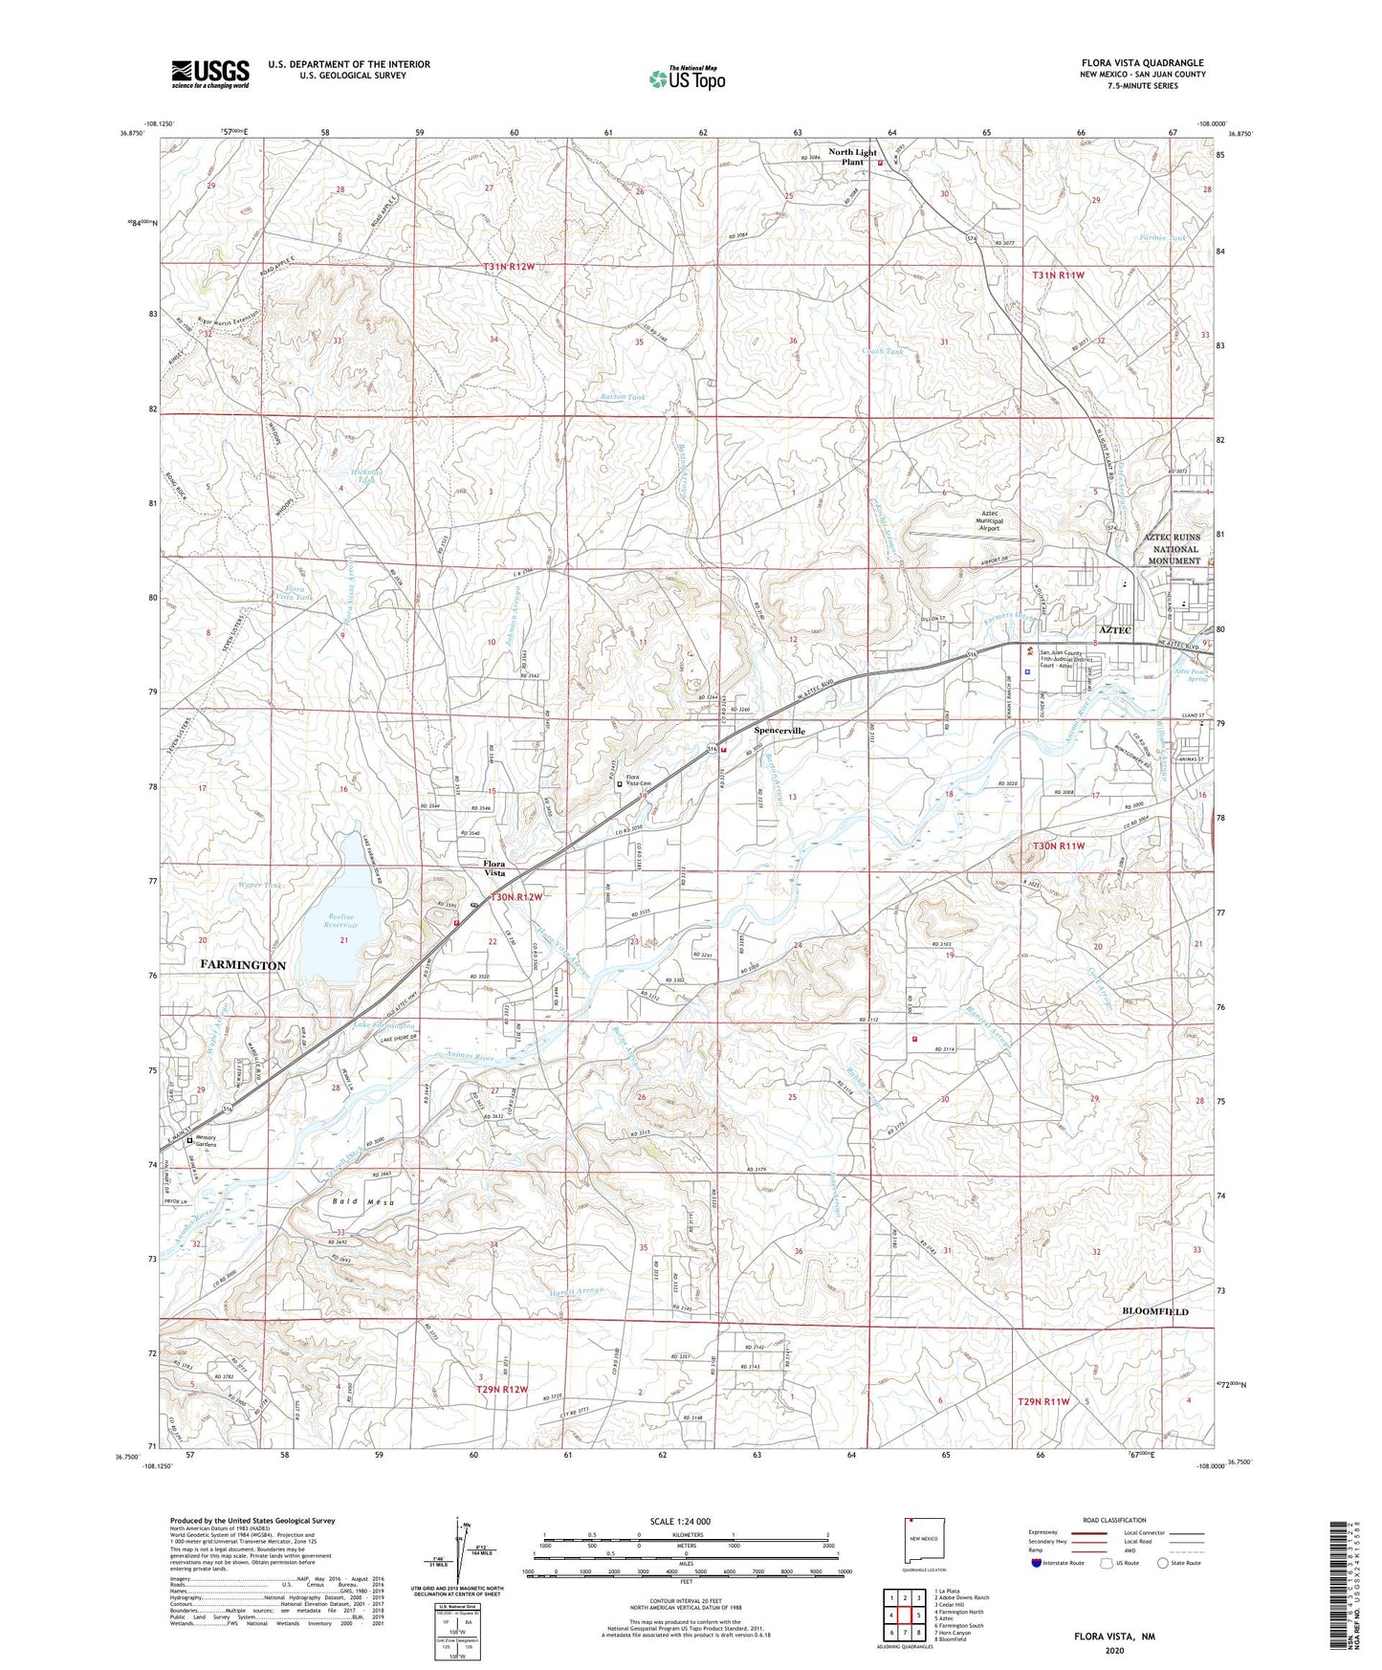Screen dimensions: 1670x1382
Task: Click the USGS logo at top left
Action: (x=210, y=73)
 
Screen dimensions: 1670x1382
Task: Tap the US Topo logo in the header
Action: (x=687, y=78)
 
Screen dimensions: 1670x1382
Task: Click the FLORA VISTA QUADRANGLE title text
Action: (x=1143, y=62)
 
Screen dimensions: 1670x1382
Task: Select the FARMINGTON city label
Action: (x=243, y=965)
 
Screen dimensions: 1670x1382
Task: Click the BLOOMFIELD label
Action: (x=1154, y=1311)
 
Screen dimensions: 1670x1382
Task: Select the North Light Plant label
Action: (x=852, y=157)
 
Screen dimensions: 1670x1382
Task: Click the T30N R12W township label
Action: (x=516, y=897)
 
